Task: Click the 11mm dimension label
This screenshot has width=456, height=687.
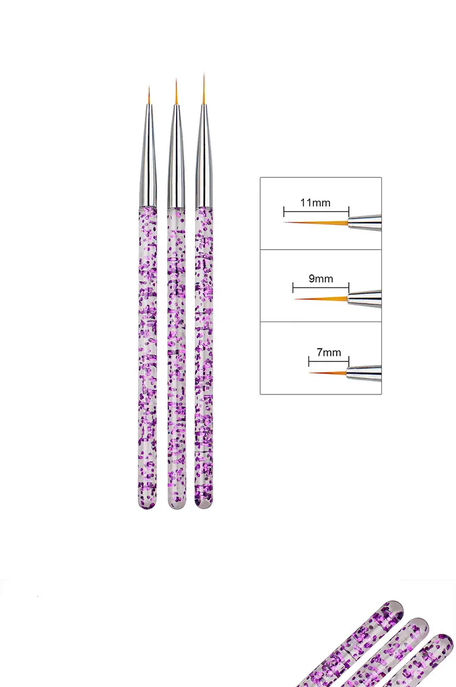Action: click(x=315, y=202)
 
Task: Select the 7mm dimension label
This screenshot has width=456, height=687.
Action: click(x=328, y=352)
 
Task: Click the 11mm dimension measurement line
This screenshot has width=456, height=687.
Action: click(x=316, y=212)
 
